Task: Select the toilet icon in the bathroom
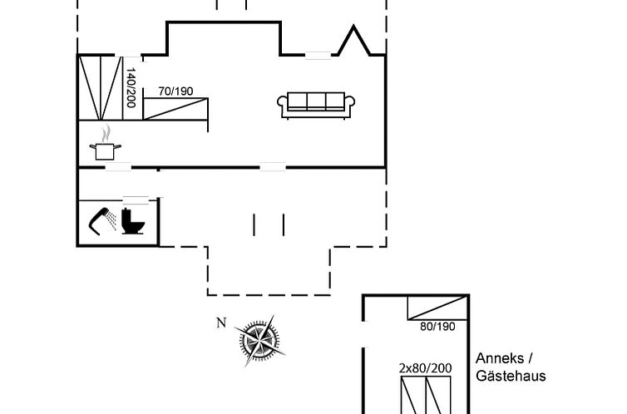(x=132, y=223)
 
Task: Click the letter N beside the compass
(x=220, y=323)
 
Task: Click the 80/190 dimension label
(x=437, y=327)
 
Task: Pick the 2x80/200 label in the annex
(x=425, y=367)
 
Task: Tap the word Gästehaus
(x=511, y=376)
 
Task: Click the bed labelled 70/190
(x=175, y=109)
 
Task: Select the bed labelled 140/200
(x=100, y=87)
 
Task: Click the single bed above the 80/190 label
(x=435, y=308)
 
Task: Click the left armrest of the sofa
(x=282, y=105)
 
